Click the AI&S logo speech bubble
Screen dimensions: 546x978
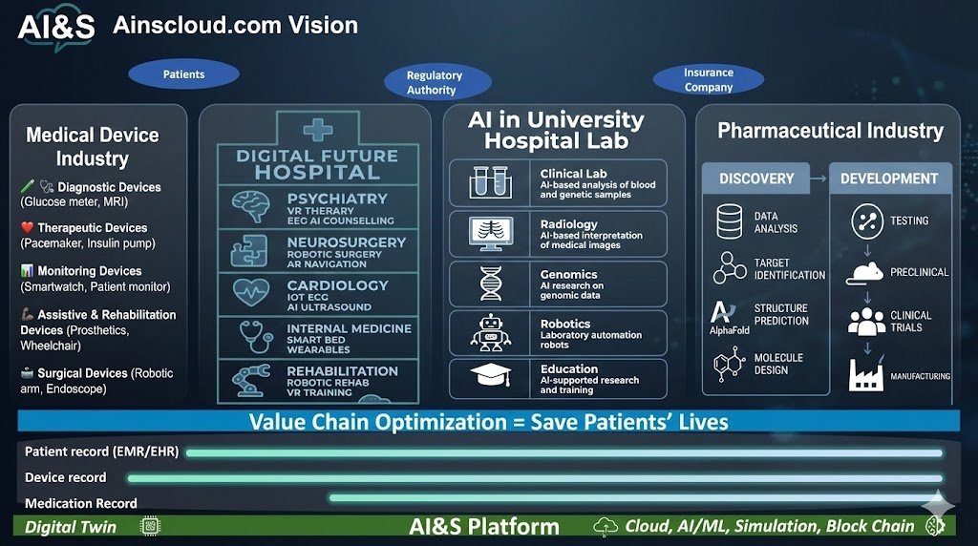point(56,27)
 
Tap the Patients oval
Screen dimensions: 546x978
point(183,73)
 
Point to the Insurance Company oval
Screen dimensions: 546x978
point(708,79)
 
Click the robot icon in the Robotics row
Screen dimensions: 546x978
point(489,331)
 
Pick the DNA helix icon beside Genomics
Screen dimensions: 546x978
point(489,283)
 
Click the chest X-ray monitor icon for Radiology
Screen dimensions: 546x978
point(489,233)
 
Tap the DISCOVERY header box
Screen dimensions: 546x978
point(756,178)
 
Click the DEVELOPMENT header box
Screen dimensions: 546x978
point(889,178)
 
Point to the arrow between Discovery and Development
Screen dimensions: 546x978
point(819,178)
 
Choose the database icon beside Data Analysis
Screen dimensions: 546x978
point(730,221)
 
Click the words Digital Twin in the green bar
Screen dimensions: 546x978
point(71,526)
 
